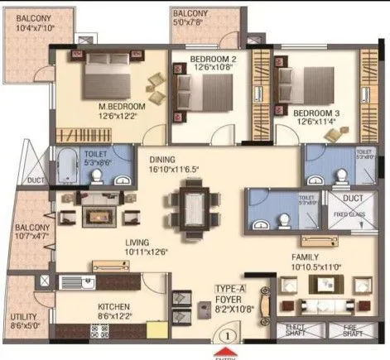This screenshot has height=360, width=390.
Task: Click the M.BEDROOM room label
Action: tap(122, 108)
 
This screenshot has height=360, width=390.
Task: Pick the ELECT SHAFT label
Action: tap(293, 330)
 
